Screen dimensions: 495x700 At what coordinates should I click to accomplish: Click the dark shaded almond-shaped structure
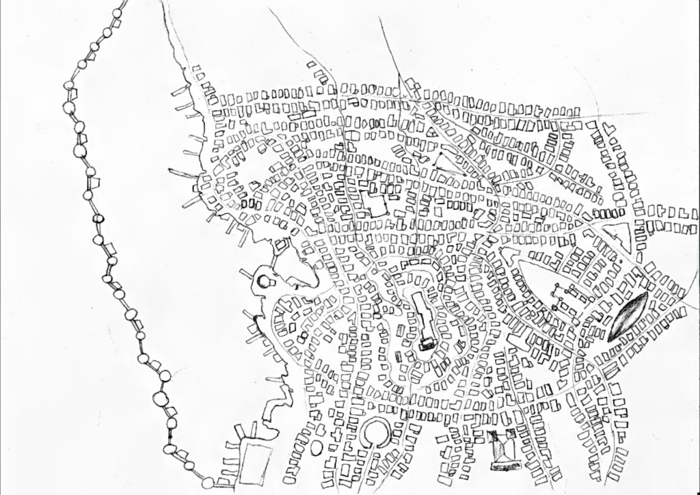pyautogui.click(x=628, y=316)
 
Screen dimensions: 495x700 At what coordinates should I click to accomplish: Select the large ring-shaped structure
pyautogui.click(x=374, y=433)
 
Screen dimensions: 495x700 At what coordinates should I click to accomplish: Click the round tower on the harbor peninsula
pyautogui.click(x=264, y=280)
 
